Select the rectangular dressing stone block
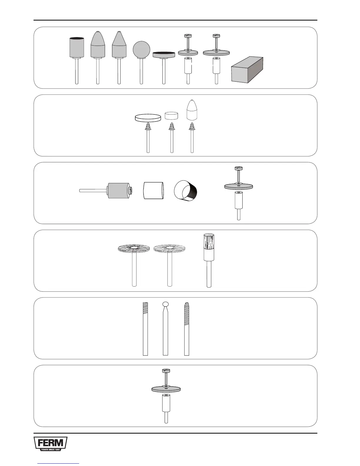247,70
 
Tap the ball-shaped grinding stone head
141,49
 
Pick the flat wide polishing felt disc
148,118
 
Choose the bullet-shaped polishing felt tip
192,110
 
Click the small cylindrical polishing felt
171,115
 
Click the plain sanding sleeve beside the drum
153,191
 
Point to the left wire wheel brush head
134,249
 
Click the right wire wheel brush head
170,249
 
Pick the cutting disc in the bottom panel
166,389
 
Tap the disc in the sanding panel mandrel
239,186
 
